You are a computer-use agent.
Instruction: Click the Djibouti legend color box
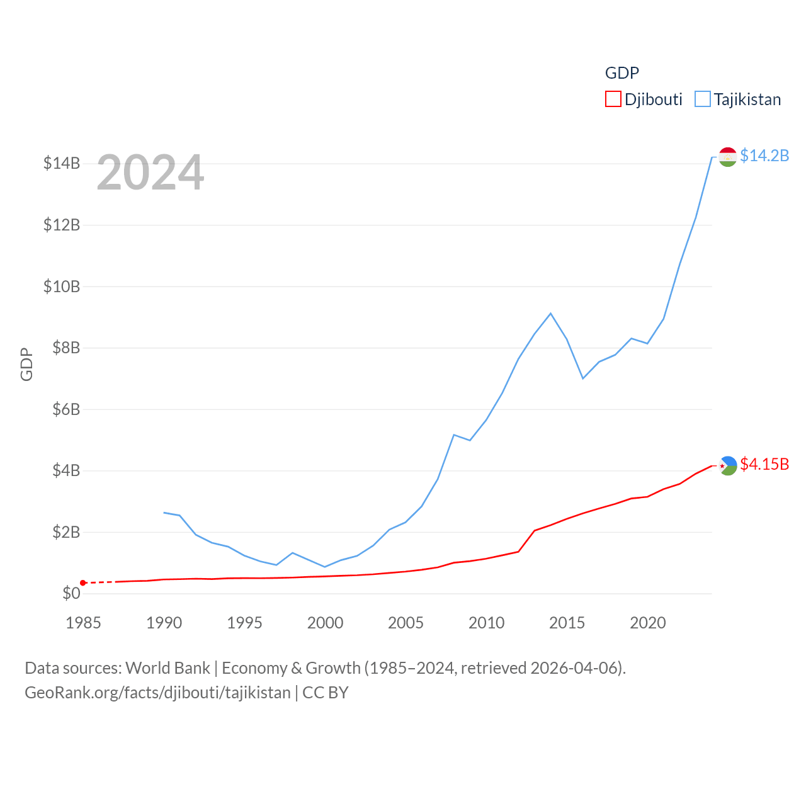pos(613,99)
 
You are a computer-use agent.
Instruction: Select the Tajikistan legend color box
pos(703,99)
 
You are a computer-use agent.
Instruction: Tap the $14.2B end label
pos(764,156)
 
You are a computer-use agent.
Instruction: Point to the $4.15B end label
pos(764,464)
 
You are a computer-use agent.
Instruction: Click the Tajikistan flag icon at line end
pos(727,157)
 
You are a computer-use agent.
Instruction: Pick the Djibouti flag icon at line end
pos(727,466)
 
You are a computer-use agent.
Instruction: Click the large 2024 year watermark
pos(150,173)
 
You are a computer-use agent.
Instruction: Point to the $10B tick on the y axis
pos(62,287)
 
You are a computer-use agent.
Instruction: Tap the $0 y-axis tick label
pos(71,593)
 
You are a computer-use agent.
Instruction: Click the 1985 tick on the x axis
pos(83,623)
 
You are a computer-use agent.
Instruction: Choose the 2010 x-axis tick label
pos(486,623)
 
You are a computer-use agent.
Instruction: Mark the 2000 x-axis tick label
pos(325,623)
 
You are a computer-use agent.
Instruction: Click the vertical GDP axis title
pos(26,364)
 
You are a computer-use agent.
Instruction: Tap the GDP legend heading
pos(622,73)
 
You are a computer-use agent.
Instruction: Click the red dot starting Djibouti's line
pos(83,583)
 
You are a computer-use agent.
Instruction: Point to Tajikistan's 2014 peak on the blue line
pos(550,314)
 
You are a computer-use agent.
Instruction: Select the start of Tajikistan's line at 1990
pos(164,513)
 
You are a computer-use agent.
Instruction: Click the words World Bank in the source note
pos(167,667)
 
